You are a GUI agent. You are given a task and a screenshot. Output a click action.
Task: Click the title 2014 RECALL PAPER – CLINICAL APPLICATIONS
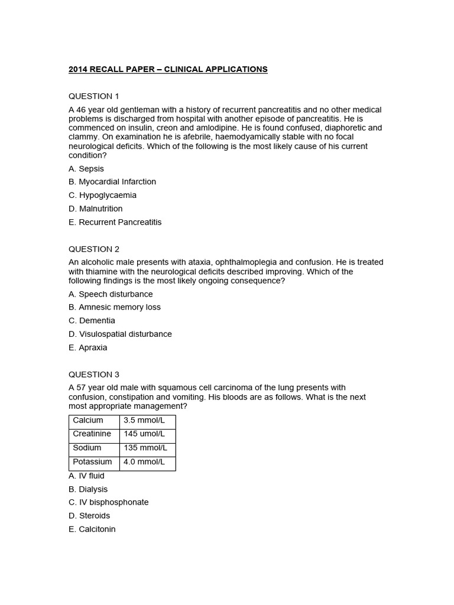[x=168, y=69]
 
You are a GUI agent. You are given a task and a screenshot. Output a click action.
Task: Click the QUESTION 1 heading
[x=94, y=96]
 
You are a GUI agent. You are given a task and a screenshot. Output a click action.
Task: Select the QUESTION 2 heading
[x=94, y=249]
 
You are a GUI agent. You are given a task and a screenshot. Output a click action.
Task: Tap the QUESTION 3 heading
[x=94, y=374]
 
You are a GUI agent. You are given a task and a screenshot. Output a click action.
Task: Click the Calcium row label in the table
[x=88, y=420]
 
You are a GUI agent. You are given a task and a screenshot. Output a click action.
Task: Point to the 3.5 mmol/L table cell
[x=144, y=420]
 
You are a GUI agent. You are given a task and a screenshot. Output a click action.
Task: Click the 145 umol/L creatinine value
[x=144, y=434]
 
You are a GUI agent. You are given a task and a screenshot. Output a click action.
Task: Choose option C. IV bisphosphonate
[x=109, y=502]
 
